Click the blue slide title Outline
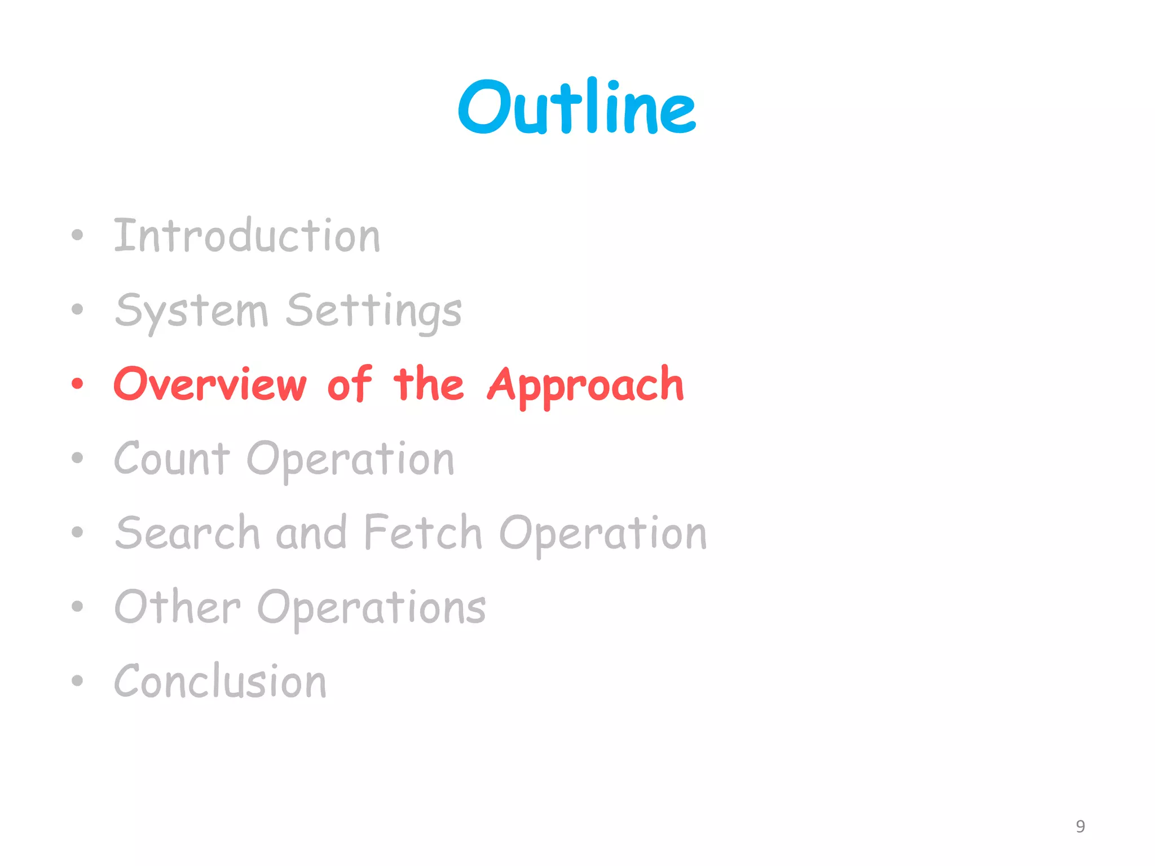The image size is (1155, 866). pyautogui.click(x=577, y=107)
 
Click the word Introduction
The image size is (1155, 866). pyautogui.click(x=247, y=236)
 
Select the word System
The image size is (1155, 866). pyautogui.click(x=191, y=311)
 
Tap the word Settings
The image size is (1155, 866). pyautogui.click(x=373, y=311)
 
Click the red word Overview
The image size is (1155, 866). pyautogui.click(x=210, y=385)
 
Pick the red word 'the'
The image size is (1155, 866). pyautogui.click(x=429, y=385)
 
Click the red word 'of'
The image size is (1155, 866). pyautogui.click(x=350, y=385)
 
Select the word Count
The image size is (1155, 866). pyautogui.click(x=171, y=459)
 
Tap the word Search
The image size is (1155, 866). pyautogui.click(x=187, y=533)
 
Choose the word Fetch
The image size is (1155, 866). pyautogui.click(x=423, y=532)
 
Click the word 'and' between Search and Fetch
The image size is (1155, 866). pyautogui.click(x=311, y=533)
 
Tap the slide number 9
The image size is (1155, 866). pyautogui.click(x=1080, y=827)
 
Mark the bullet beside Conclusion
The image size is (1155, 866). pyautogui.click(x=77, y=681)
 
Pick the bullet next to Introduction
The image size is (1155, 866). pyautogui.click(x=77, y=236)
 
